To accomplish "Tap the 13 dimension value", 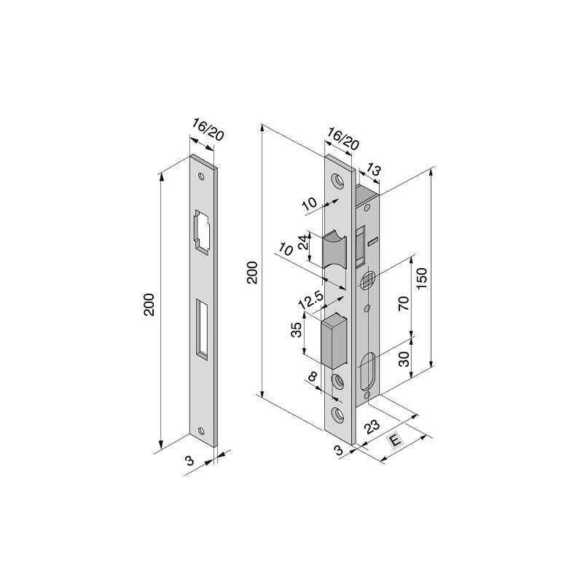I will click(374, 170).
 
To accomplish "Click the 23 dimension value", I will click(370, 427).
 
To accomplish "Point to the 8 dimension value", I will click(313, 377).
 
